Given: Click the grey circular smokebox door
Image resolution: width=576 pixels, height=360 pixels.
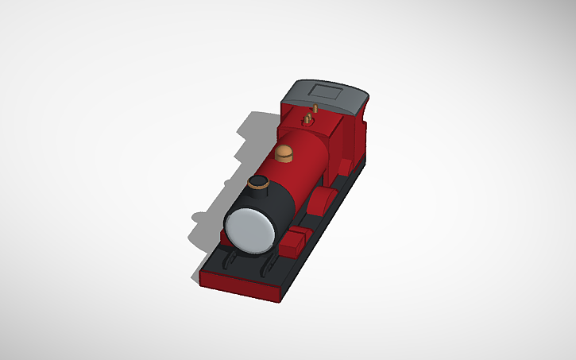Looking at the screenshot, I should [x=251, y=231].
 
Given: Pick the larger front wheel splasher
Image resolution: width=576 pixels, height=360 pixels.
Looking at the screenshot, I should [x=322, y=200].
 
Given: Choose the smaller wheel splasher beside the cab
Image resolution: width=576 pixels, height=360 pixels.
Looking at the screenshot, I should [x=343, y=165].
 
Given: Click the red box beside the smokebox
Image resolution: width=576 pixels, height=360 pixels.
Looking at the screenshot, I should [x=296, y=239].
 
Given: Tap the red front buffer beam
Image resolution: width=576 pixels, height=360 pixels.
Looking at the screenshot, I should [x=238, y=286].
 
